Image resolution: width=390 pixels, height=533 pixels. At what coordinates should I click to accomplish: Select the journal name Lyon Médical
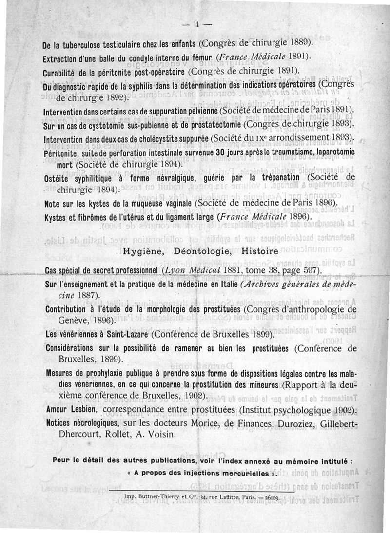(184, 270)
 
